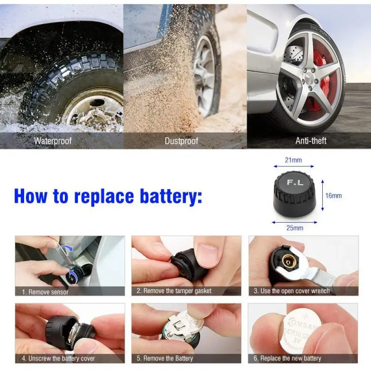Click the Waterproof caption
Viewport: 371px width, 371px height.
point(52,141)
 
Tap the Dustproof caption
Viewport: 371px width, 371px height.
point(181,141)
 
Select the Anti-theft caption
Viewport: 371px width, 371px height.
point(311,141)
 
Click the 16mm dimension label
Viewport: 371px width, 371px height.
point(333,196)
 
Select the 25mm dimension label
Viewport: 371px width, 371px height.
point(294,228)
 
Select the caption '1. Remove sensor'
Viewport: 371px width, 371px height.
point(45,292)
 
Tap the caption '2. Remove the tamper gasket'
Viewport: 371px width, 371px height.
point(173,291)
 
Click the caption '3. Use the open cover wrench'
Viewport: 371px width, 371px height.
point(291,291)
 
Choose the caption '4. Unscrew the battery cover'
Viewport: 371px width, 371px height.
point(58,358)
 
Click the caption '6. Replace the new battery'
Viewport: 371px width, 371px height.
point(287,358)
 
